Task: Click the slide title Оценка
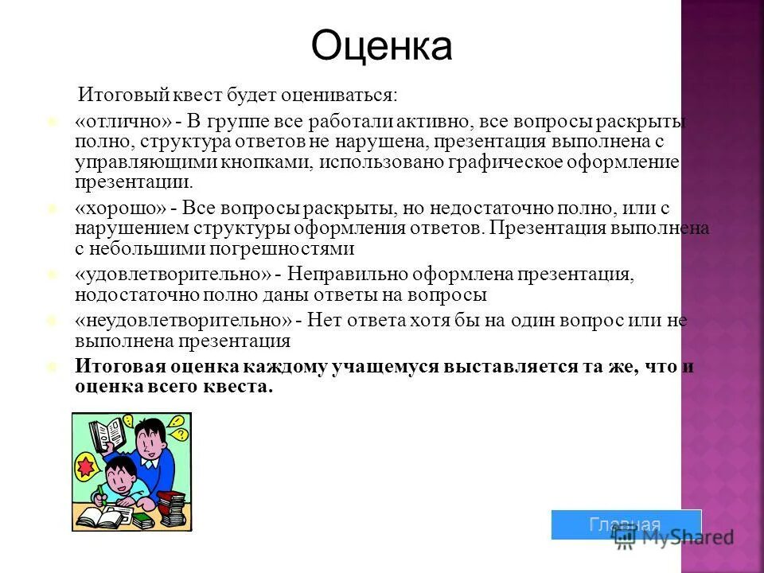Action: [381, 45]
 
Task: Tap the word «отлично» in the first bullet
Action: [123, 122]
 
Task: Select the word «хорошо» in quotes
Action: [121, 208]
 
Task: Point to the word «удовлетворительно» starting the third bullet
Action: [173, 274]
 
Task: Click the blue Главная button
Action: [626, 524]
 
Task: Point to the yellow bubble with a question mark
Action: [180, 435]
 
